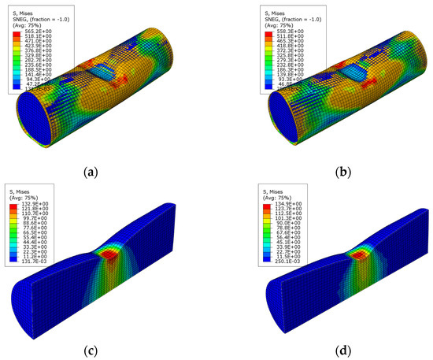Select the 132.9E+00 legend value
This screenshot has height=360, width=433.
click(x=39, y=204)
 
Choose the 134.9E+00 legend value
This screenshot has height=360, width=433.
click(x=256, y=204)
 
